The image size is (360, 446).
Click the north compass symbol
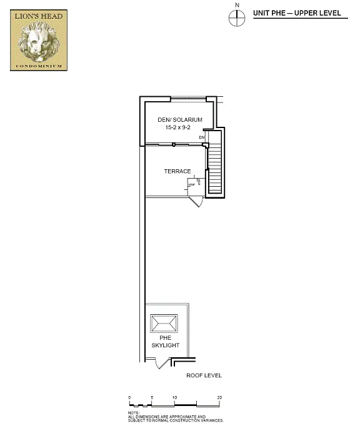237,19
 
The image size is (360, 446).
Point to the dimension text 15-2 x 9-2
178,127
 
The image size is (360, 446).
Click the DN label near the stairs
202,137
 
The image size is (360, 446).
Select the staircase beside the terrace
215,164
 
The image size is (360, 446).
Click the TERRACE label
177,171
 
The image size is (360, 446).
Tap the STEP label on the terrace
191,185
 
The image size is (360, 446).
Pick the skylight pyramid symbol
164,324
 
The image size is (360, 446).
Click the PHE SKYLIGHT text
165,342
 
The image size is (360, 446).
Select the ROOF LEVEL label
204,376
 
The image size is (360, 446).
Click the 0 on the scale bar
129,397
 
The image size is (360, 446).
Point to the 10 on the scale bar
175,397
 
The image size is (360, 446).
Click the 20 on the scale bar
219,397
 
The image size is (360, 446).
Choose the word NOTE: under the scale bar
134,412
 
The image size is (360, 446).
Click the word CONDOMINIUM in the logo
39,64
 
